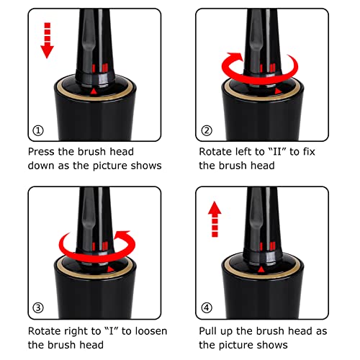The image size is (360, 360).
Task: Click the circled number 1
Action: tap(38, 131)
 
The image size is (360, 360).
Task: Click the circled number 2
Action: tap(207, 131)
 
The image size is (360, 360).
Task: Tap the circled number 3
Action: tap(38, 307)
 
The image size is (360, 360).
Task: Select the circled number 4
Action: tap(207, 307)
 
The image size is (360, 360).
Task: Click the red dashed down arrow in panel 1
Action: tap(48, 40)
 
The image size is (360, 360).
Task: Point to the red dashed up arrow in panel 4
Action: tap(215, 219)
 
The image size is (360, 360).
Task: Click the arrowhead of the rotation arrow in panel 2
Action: tap(236, 58)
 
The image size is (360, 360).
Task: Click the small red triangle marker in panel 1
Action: tap(94, 91)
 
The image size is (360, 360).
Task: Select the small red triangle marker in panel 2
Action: tap(278, 91)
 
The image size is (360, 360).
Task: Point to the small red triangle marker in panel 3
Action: tap(110, 269)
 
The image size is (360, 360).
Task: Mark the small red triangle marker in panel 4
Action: tap(261, 270)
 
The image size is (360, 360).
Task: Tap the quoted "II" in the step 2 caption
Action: tap(277, 152)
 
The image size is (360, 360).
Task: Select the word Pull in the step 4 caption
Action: tap(208, 331)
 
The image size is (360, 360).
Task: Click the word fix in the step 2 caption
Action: tap(309, 152)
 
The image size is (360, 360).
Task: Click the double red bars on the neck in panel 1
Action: tap(105, 68)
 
